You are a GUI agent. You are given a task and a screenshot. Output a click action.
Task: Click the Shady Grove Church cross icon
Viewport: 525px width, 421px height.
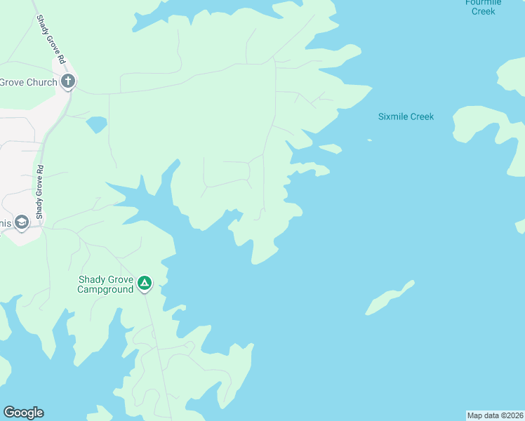click(x=68, y=81)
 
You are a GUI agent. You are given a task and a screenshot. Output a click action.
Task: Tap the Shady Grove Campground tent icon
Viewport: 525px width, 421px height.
click(x=144, y=283)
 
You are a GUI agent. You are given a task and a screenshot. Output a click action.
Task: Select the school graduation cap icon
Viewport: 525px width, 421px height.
click(x=21, y=223)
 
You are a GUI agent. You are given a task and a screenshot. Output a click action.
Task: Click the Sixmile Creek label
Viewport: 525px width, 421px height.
click(x=406, y=116)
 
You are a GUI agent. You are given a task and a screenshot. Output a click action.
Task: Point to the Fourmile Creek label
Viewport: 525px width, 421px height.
click(x=484, y=7)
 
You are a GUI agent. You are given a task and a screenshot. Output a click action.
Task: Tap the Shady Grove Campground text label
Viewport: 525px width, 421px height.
click(x=105, y=284)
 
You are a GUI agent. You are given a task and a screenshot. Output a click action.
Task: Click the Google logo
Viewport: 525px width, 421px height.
click(x=23, y=413)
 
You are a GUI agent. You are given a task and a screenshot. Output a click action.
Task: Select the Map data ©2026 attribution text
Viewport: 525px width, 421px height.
click(x=496, y=415)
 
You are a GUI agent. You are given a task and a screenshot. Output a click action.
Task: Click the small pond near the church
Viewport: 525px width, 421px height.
click(x=96, y=125)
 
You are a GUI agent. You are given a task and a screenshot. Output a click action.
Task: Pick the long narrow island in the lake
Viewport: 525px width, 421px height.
click(x=390, y=298)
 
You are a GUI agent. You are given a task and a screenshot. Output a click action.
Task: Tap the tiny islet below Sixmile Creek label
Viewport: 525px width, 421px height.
click(x=369, y=140)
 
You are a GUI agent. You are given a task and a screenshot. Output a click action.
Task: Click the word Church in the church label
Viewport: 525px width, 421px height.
click(x=43, y=82)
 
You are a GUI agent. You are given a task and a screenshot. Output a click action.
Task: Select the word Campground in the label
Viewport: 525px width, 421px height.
click(x=105, y=289)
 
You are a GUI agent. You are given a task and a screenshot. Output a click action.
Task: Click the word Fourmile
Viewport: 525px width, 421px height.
click(x=484, y=2)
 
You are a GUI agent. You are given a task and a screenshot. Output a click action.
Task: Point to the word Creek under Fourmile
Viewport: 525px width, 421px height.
click(x=484, y=11)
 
